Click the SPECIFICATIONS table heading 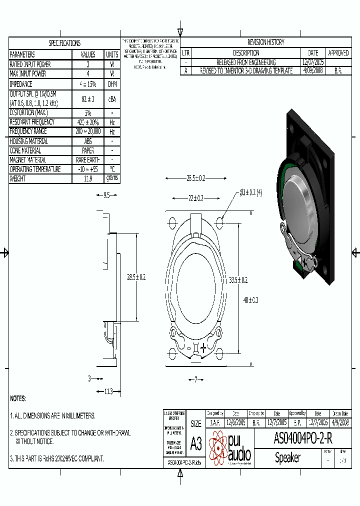[64, 43]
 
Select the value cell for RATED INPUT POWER [88, 64]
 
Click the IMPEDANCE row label [21, 84]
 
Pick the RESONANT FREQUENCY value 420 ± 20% [88, 122]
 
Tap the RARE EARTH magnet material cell [88, 160]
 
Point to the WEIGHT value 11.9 [88, 178]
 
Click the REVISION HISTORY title [265, 42]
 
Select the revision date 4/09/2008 [313, 71]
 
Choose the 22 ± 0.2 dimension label [196, 198]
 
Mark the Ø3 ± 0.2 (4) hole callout [250, 192]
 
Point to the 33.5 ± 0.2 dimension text [238, 280]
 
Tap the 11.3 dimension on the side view [108, 391]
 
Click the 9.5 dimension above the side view [106, 195]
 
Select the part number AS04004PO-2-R [303, 439]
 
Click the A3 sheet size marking [196, 443]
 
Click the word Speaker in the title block [287, 457]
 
